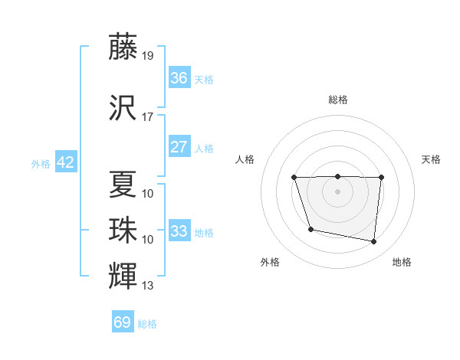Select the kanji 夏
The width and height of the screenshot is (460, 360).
[x=123, y=184]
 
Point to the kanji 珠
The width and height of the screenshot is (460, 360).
[x=123, y=229]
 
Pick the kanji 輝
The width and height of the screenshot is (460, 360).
[x=123, y=275]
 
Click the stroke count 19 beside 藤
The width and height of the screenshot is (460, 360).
[x=148, y=56]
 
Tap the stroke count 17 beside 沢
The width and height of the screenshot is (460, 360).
[x=148, y=117]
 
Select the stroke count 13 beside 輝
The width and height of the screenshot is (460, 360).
[x=148, y=286]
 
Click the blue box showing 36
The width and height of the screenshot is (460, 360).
[x=179, y=77]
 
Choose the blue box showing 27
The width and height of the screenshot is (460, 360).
[x=179, y=146]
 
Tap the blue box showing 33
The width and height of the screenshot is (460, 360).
[x=179, y=231]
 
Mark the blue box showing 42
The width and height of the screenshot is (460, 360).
[x=65, y=162]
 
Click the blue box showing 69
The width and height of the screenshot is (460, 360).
[x=123, y=322]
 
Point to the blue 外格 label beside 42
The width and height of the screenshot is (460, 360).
[x=41, y=163]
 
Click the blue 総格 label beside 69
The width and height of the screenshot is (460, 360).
[x=147, y=324]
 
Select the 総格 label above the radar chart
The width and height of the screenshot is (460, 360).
[x=337, y=100]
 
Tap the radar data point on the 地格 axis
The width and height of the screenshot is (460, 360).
[x=374, y=242]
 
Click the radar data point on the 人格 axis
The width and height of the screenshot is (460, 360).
[x=294, y=178]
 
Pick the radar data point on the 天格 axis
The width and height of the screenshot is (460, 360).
[x=381, y=178]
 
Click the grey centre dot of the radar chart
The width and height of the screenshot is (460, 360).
[x=337, y=191]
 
